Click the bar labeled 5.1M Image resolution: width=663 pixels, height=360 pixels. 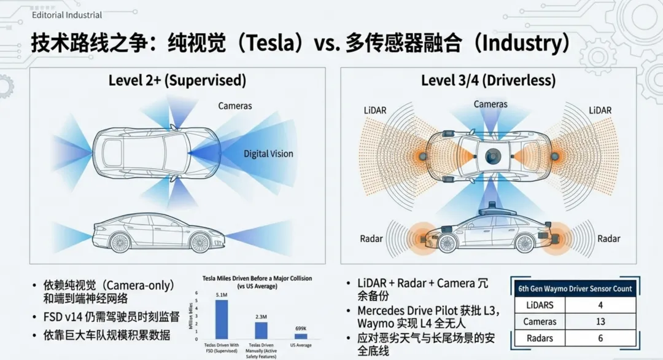pyautogui.click(x=221, y=319)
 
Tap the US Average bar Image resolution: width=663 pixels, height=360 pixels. pyautogui.click(x=301, y=336)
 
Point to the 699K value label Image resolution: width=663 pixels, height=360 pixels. pyautogui.click(x=301, y=329)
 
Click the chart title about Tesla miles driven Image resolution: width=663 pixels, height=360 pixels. pyautogui.click(x=257, y=282)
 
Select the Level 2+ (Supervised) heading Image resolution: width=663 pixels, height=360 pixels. pyautogui.click(x=177, y=80)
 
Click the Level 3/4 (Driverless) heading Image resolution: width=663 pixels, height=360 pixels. pyautogui.click(x=488, y=80)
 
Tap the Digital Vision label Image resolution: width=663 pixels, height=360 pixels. pyautogui.click(x=268, y=154)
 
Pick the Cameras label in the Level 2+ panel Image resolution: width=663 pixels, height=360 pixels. pyautogui.click(x=235, y=106)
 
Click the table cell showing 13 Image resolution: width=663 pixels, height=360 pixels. pyautogui.click(x=600, y=321)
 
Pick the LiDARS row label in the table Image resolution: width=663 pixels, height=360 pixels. pyautogui.click(x=540, y=305)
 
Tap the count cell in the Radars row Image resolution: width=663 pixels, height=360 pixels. pyautogui.click(x=600, y=338)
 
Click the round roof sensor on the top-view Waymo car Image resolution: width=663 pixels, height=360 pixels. pyautogui.click(x=491, y=157)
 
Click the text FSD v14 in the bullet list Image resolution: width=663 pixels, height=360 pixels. pyautogui.click(x=61, y=317)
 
